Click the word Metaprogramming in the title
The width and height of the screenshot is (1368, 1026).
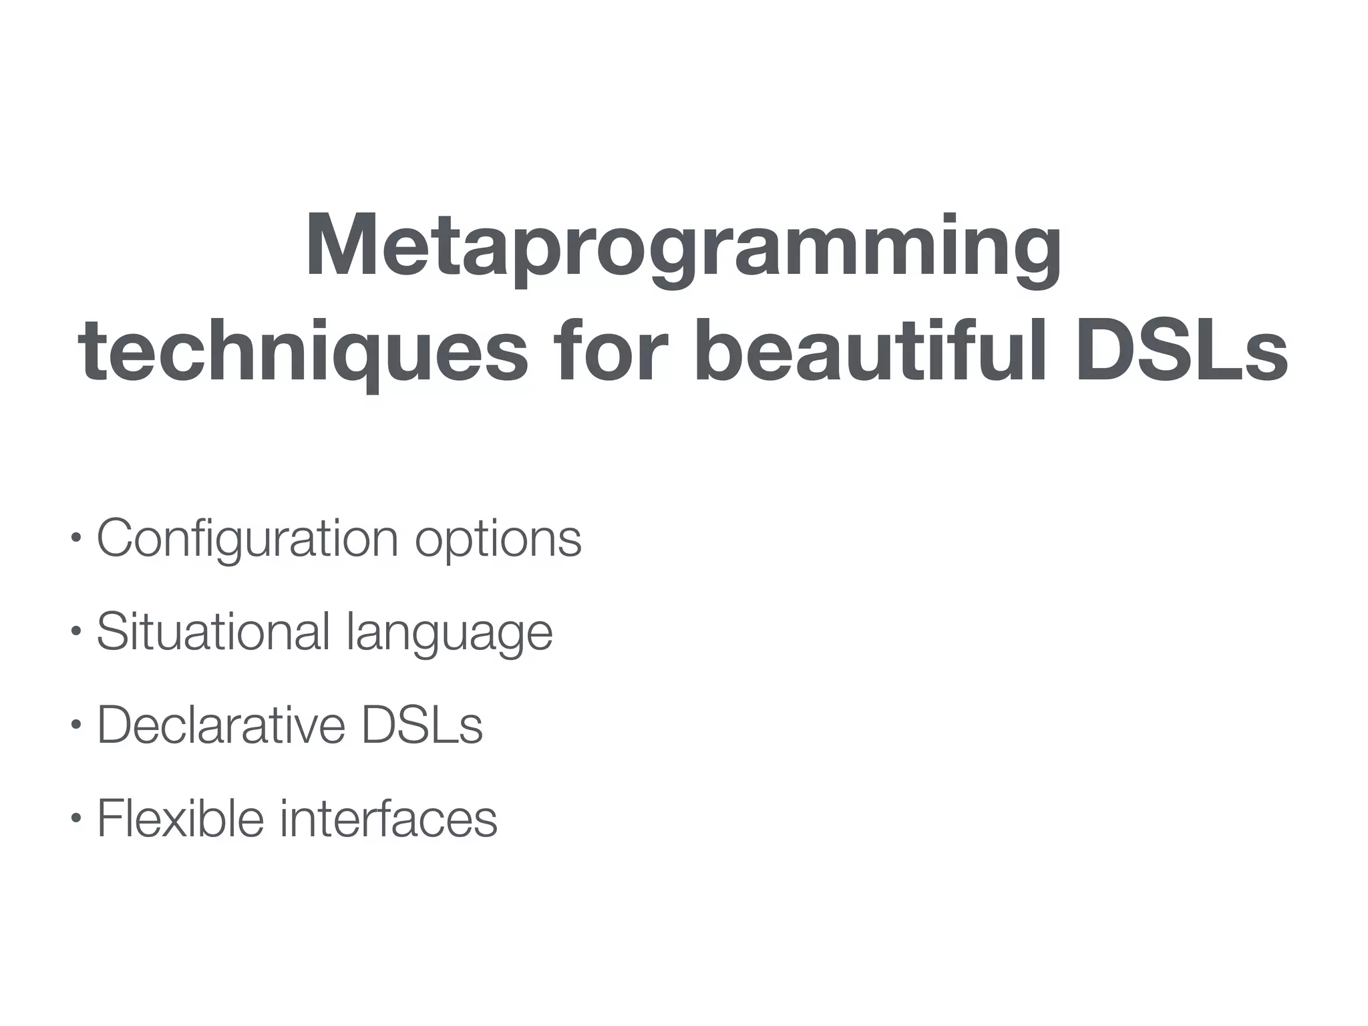tap(683, 246)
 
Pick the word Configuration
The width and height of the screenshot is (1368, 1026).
tap(248, 538)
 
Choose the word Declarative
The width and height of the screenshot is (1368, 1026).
tap(221, 725)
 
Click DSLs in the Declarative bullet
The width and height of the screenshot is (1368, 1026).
tap(422, 725)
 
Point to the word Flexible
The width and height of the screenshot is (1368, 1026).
tap(181, 818)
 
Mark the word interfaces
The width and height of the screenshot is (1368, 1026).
tap(388, 818)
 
